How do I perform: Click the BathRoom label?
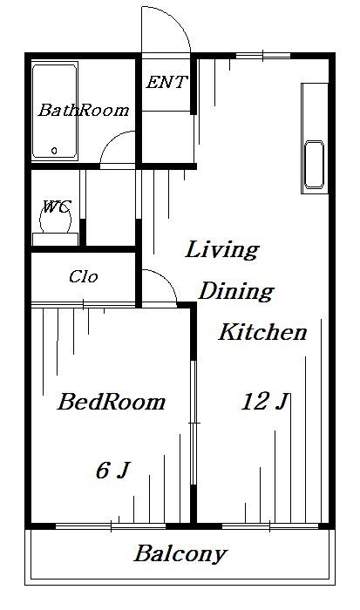point(84,110)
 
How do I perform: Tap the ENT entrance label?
point(166,82)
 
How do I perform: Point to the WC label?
point(57,206)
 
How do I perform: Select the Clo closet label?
point(84,276)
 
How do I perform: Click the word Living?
point(221,249)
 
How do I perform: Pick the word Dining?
point(236,291)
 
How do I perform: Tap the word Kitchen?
point(262,332)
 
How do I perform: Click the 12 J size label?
point(266,402)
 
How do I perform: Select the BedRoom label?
point(112,402)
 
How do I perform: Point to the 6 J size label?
point(112,470)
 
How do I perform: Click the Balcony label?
point(180,553)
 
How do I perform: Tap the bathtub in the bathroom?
point(55,112)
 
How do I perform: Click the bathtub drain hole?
point(54,150)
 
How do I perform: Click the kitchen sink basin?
point(315,165)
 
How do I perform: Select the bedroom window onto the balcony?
point(111,526)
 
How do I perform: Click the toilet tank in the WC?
point(55,240)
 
